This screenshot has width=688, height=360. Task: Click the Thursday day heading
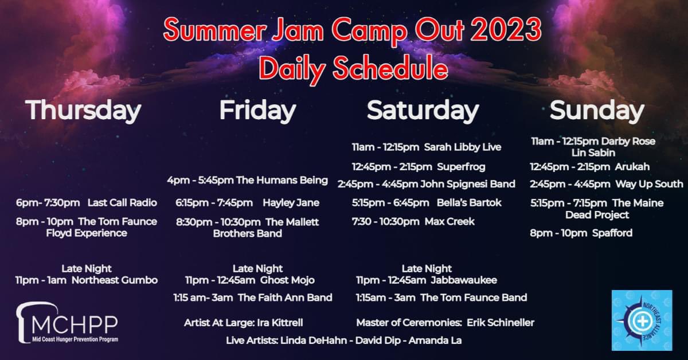[x=83, y=111]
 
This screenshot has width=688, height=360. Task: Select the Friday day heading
[x=257, y=111]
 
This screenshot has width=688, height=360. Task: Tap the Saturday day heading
[x=423, y=111]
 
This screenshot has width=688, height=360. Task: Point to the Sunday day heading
[x=597, y=111]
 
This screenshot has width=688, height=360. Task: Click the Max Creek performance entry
[x=413, y=221]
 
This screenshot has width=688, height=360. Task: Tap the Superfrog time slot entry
[x=419, y=167]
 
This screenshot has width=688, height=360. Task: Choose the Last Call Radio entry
[x=87, y=202]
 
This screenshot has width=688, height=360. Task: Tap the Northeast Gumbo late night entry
[x=87, y=280]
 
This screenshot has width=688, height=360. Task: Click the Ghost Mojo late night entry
[x=249, y=280]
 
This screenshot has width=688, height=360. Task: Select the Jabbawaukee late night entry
[x=426, y=280]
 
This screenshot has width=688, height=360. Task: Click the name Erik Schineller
[x=500, y=323]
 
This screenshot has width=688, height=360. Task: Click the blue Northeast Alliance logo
[x=642, y=320]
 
